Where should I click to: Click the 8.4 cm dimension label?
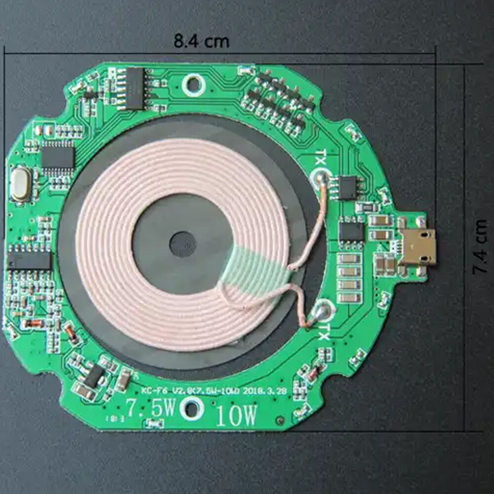click(x=202, y=41)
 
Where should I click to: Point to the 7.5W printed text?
click(x=150, y=409)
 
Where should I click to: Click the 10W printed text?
click(x=237, y=416)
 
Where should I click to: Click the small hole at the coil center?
click(x=182, y=244)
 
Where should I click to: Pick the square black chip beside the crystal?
click(x=58, y=158)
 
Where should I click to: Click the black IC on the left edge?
click(x=30, y=260)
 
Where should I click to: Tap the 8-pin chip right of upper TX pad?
click(x=348, y=188)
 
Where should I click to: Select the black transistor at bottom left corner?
click(x=94, y=376)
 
